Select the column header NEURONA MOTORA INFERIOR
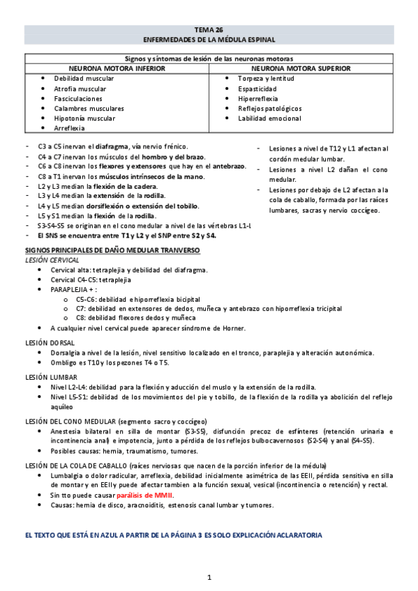coord(117,70)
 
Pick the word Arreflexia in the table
coord(70,128)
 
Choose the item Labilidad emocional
coord(270,118)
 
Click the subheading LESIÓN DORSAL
coord(50,344)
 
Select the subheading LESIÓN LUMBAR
coord(50,377)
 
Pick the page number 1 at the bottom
coord(209,577)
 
